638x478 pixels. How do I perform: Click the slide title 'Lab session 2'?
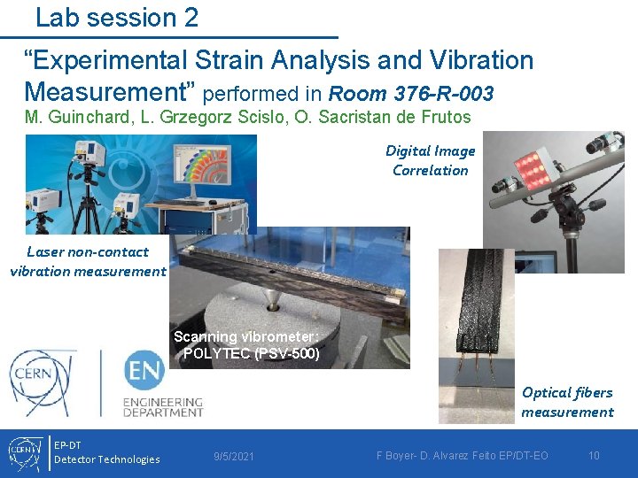[x=117, y=17]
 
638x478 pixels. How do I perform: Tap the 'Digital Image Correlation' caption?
[x=431, y=160]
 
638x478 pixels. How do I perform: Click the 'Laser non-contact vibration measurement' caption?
[x=88, y=261]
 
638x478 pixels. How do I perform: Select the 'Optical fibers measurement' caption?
[x=567, y=402]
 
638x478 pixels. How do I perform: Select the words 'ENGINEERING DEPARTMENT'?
[x=163, y=406]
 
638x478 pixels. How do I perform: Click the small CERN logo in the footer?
[x=24, y=453]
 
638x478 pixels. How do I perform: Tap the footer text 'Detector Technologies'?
[x=107, y=459]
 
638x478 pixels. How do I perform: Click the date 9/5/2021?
[x=234, y=457]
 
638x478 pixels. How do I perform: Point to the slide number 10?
[x=594, y=456]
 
